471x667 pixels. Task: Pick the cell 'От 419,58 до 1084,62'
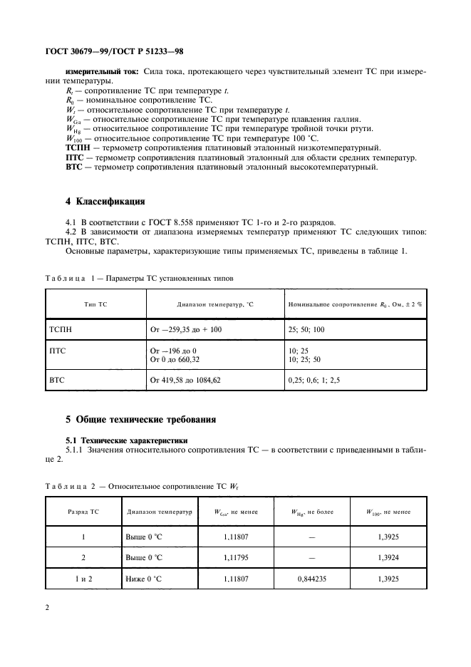185,381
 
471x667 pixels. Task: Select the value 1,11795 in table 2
234,558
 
